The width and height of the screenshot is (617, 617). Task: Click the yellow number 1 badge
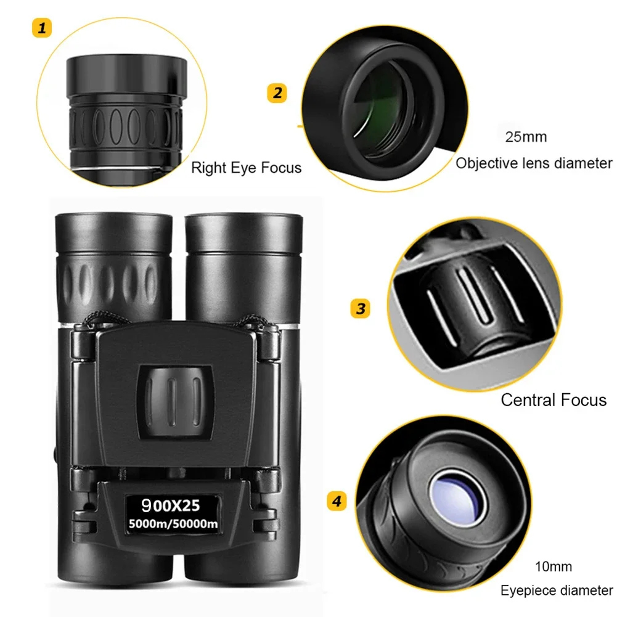pos(41,28)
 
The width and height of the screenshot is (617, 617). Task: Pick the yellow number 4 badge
pos(336,501)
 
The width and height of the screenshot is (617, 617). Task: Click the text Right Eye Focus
pos(246,168)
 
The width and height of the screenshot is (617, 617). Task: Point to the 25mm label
pos(525,137)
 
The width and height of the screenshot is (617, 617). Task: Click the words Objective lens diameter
pos(534,163)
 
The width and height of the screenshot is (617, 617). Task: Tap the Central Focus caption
pos(553,400)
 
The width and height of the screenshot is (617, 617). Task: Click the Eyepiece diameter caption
pos(556,590)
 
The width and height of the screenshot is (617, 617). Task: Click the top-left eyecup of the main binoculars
pos(113,231)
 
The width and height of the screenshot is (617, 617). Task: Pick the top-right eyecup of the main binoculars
pos(243,231)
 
